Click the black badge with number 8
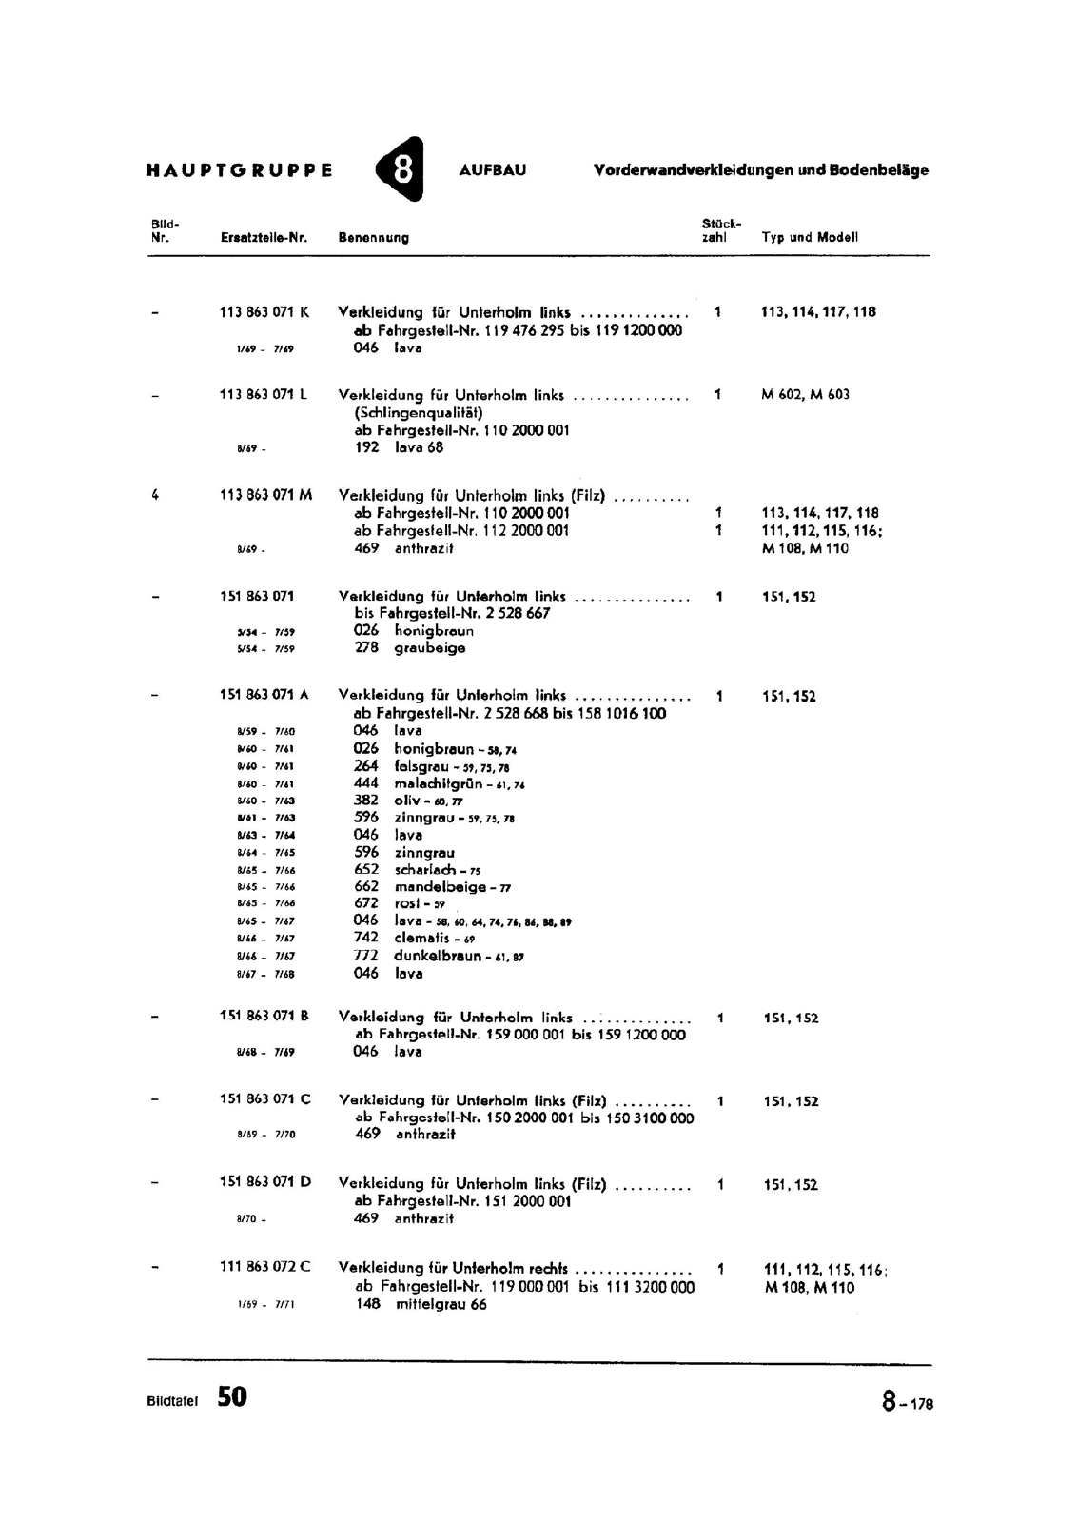coord(401,169)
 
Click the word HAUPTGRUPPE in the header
coord(240,171)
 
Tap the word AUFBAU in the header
coord(492,170)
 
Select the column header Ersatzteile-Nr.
coord(264,238)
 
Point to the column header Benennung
coord(374,238)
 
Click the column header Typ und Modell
coord(810,238)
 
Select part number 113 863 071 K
coord(264,311)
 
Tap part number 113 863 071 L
coord(264,394)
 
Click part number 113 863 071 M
coord(265,495)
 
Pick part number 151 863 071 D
coord(265,1182)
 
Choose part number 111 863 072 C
coord(265,1267)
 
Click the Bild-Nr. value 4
coord(155,495)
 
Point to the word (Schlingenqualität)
coord(418,413)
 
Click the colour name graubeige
coord(430,648)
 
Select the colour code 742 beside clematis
coord(366,938)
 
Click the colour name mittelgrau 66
coord(441,1305)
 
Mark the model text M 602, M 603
coord(806,394)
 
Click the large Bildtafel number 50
coord(231,1396)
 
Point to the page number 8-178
coord(907,1402)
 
